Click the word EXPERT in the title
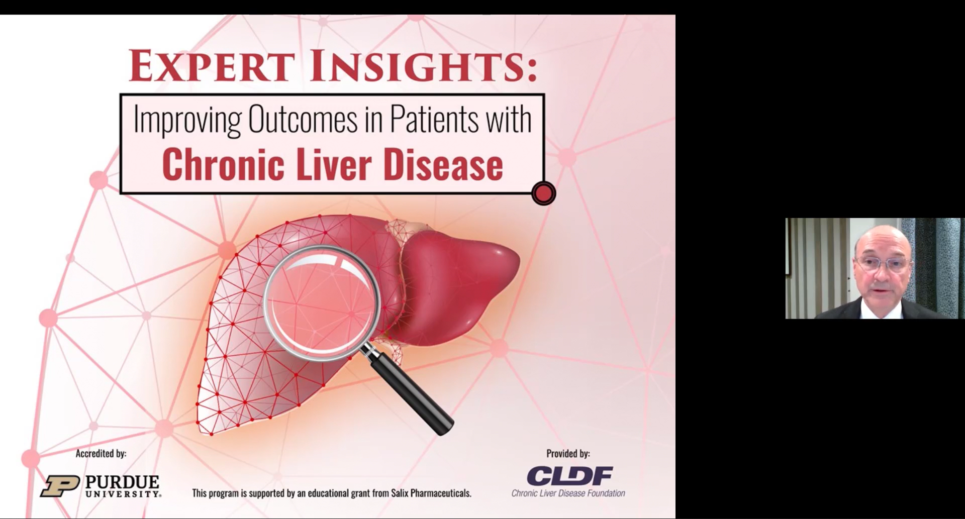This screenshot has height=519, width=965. click(212, 66)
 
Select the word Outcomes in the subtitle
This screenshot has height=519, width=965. click(303, 120)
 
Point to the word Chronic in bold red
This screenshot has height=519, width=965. click(223, 164)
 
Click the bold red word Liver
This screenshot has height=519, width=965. click(334, 164)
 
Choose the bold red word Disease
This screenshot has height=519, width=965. click(443, 164)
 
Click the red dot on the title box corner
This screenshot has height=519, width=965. click(543, 193)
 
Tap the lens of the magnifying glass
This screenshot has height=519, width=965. click(321, 302)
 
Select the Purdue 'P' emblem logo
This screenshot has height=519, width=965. click(60, 486)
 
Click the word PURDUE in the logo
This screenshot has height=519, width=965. click(122, 482)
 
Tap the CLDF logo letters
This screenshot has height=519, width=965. click(569, 476)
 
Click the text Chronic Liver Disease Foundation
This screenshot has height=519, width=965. click(568, 493)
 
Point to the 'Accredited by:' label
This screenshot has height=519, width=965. click(101, 454)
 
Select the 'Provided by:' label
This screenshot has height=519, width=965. click(568, 454)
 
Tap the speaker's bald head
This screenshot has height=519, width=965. click(883, 239)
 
